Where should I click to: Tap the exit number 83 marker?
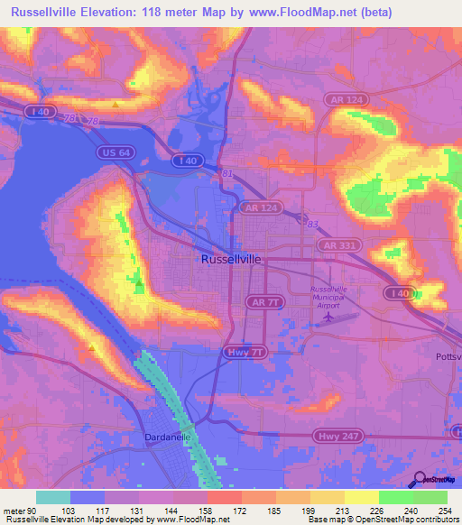point(311,222)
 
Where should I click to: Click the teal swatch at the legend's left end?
point(53,497)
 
